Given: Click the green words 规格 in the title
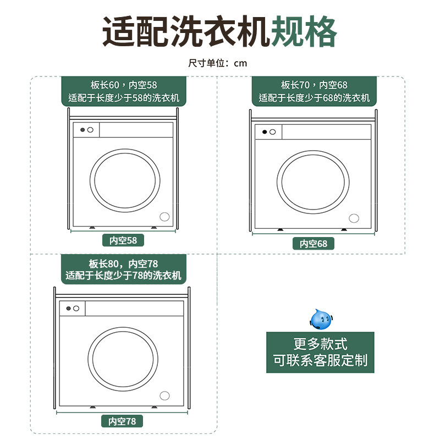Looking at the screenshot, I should [x=305, y=32].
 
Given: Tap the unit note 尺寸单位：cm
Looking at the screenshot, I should [x=218, y=63].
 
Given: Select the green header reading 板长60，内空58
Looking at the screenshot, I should [x=124, y=92].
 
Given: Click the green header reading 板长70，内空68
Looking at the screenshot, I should [x=314, y=92].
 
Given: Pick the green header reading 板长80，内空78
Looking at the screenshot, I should [x=124, y=269].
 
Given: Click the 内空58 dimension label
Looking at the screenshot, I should [x=123, y=240].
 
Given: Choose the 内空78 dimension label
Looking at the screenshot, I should [x=123, y=421].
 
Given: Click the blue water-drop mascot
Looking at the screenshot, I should [x=322, y=319].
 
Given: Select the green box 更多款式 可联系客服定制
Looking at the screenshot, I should [x=320, y=353].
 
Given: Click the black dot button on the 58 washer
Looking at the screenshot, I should [x=82, y=130].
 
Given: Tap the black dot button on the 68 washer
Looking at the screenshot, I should [x=265, y=132].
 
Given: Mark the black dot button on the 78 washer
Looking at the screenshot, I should [x=69, y=309].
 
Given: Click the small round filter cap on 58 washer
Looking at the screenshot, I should [x=164, y=217].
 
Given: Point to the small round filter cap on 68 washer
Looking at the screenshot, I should [x=354, y=218].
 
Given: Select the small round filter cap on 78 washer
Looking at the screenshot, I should [x=164, y=395].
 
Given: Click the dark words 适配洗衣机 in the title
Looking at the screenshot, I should [x=186, y=32].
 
